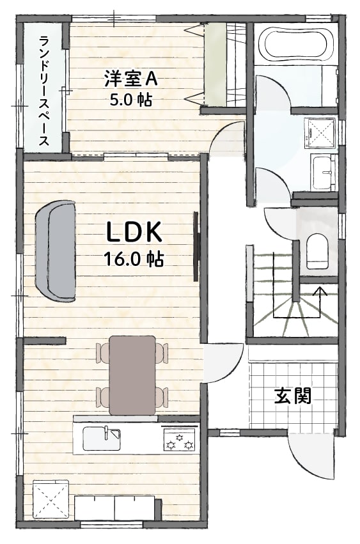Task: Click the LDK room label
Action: pyautogui.click(x=134, y=232)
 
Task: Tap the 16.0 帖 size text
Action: pyautogui.click(x=134, y=258)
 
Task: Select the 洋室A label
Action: pyautogui.click(x=131, y=79)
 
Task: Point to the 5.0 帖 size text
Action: pyautogui.click(x=131, y=100)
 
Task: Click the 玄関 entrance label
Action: pyautogui.click(x=292, y=396)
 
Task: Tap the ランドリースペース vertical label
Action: pyautogui.click(x=43, y=91)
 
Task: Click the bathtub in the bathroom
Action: pyautogui.click(x=296, y=44)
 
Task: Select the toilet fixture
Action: pyautogui.click(x=317, y=251)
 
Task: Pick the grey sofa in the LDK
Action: pyautogui.click(x=56, y=251)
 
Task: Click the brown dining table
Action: pyautogui.click(x=132, y=375)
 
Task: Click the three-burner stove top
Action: pyautogui.click(x=179, y=439)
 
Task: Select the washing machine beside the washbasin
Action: pyautogui.click(x=319, y=134)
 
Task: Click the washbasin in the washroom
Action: pyautogui.click(x=324, y=172)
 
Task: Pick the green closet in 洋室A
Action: pyautogui.click(x=215, y=64)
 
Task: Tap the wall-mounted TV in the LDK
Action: pyautogui.click(x=196, y=246)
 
